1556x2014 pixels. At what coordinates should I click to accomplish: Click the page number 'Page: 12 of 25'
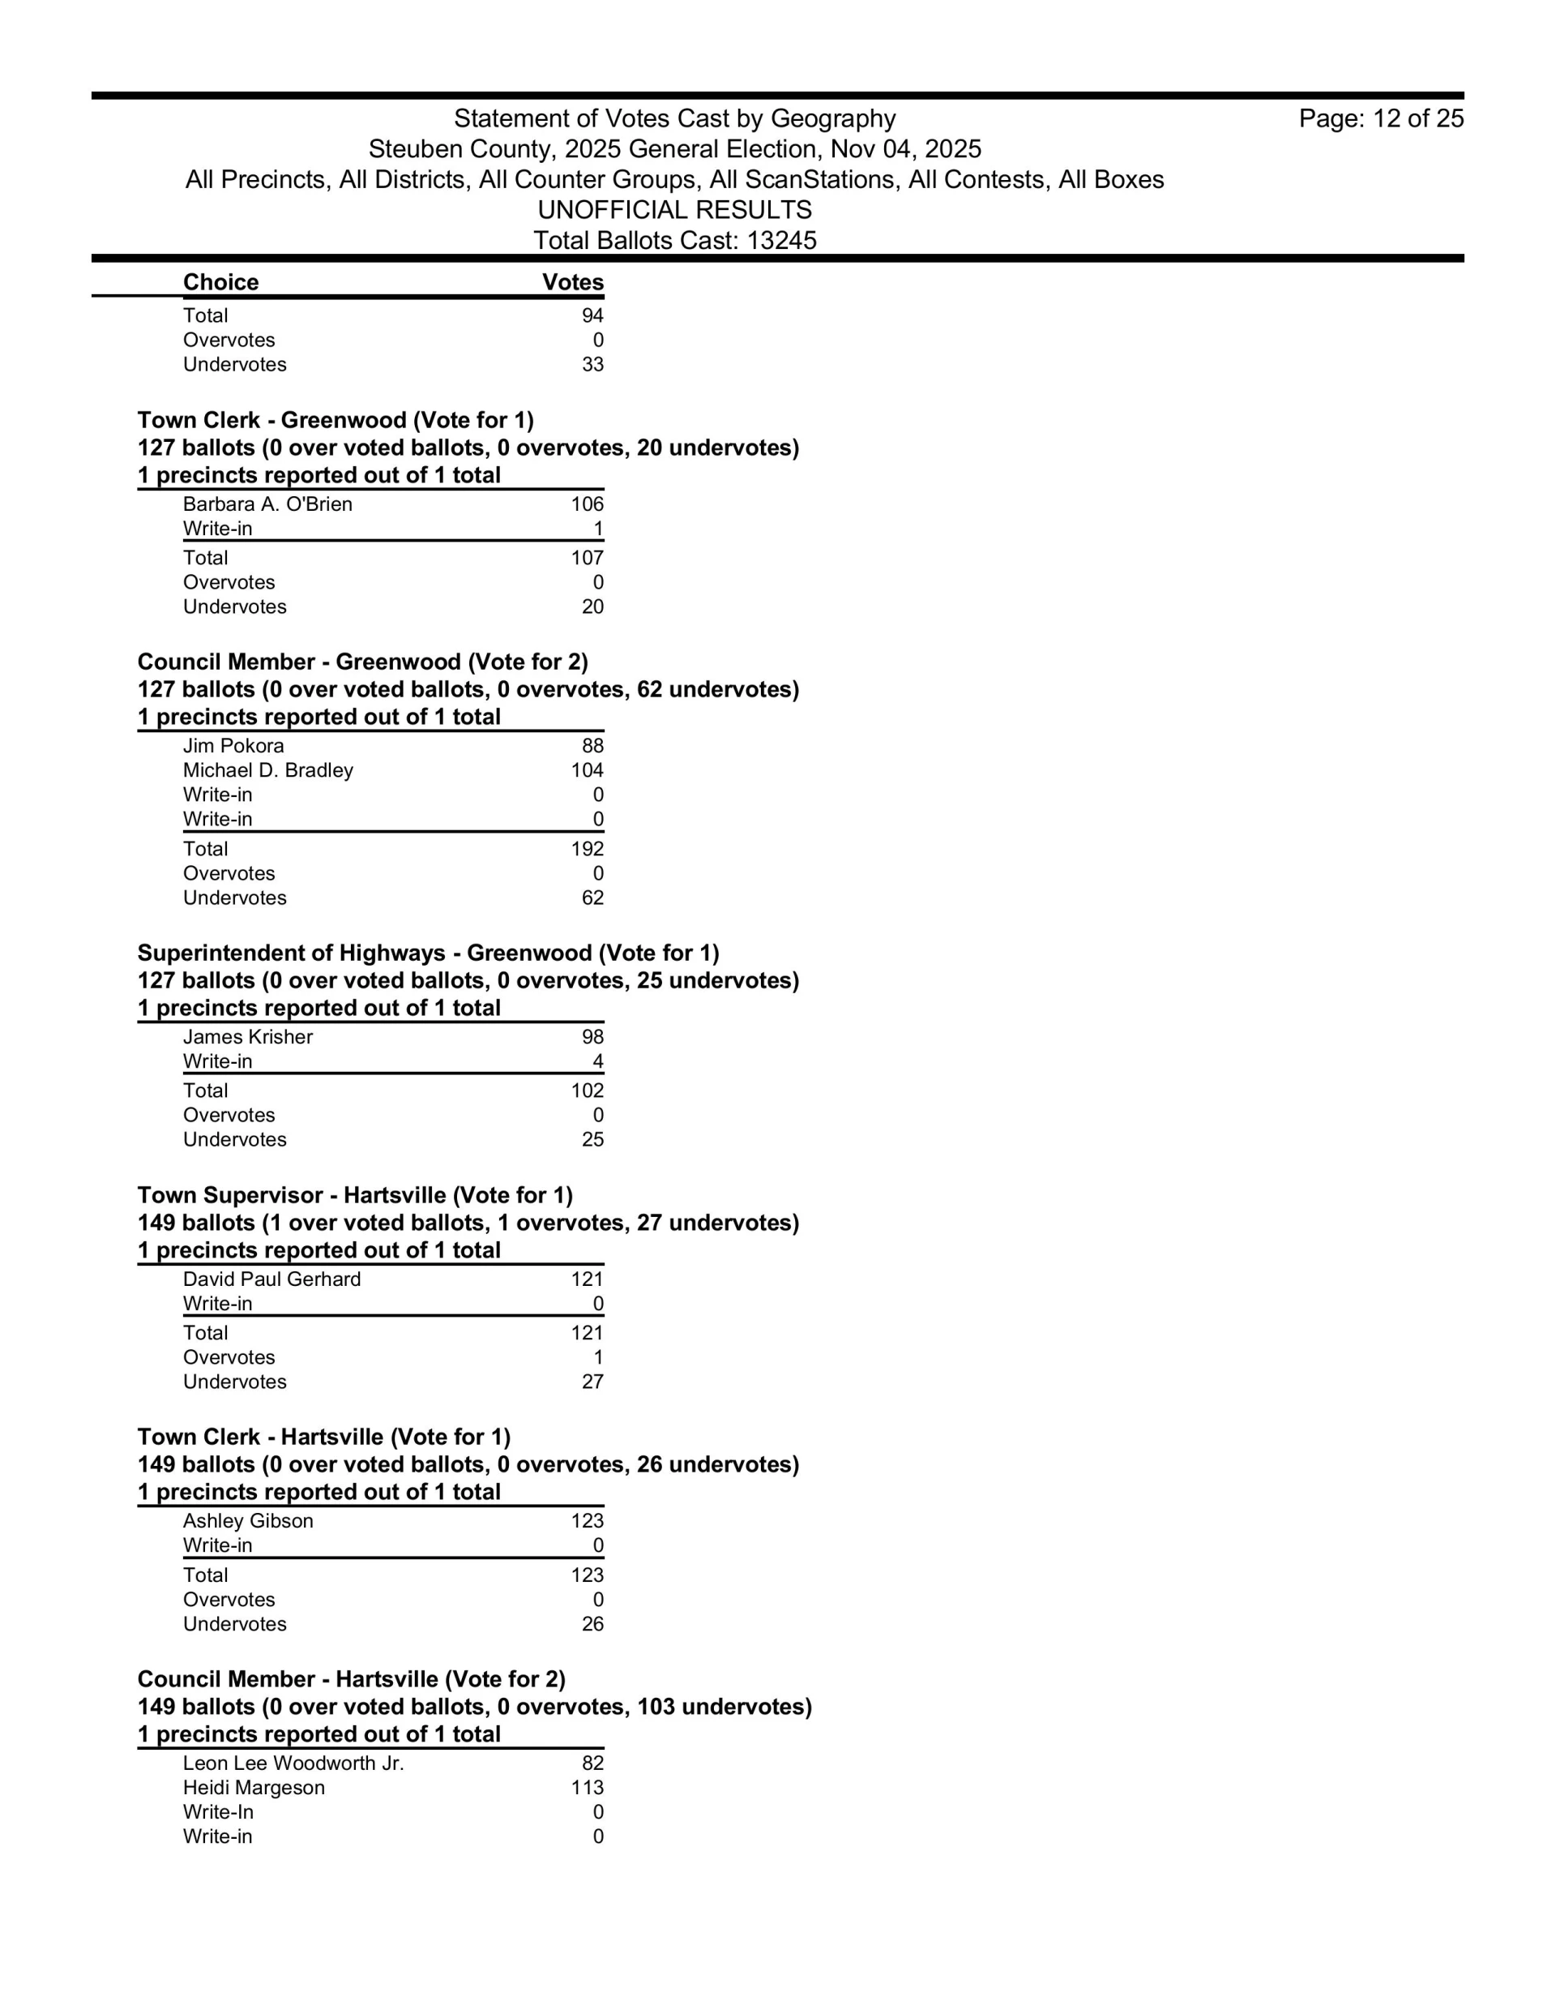pyautogui.click(x=1381, y=119)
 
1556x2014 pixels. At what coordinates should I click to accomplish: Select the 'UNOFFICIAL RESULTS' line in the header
pyautogui.click(x=675, y=210)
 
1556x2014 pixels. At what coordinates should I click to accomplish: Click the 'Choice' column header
pyautogui.click(x=220, y=282)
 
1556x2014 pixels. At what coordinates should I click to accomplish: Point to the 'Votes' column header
pyautogui.click(x=572, y=282)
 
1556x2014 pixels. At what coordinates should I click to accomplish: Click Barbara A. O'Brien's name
pyautogui.click(x=267, y=504)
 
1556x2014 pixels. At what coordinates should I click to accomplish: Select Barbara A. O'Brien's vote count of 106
pyautogui.click(x=588, y=504)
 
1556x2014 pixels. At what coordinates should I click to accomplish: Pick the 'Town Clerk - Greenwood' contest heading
pyautogui.click(x=336, y=421)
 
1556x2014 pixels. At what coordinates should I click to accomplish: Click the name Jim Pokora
pyautogui.click(x=233, y=746)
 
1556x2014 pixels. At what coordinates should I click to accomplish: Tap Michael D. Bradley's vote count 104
pyautogui.click(x=588, y=771)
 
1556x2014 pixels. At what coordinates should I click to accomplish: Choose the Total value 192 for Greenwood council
pyautogui.click(x=588, y=850)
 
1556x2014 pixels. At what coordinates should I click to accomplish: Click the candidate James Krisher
pyautogui.click(x=248, y=1038)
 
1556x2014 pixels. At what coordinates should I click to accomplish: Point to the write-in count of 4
pyautogui.click(x=598, y=1062)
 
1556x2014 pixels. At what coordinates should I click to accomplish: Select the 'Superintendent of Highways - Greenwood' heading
pyautogui.click(x=428, y=953)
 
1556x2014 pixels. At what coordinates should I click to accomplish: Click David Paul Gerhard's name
pyautogui.click(x=272, y=1280)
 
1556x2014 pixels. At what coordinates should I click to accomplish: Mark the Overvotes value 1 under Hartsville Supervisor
pyautogui.click(x=598, y=1358)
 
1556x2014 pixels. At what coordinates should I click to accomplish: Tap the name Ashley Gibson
pyautogui.click(x=248, y=1522)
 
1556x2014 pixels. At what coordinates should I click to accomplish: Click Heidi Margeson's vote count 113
pyautogui.click(x=588, y=1788)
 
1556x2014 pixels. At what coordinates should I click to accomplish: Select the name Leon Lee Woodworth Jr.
pyautogui.click(x=293, y=1763)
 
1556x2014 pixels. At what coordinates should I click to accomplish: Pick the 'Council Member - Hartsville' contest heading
pyautogui.click(x=351, y=1679)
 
